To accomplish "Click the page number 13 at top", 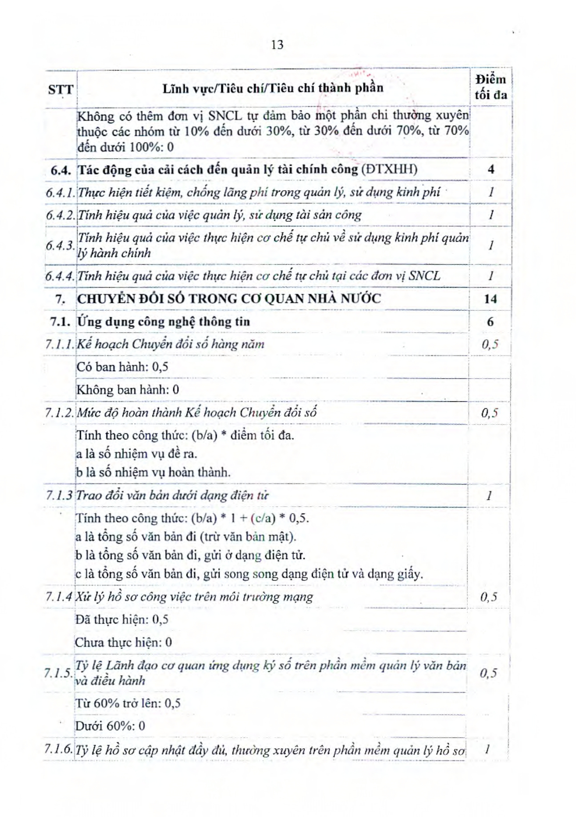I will (x=277, y=45).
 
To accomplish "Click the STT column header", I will (x=60, y=89).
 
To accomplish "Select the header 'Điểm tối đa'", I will (x=490, y=87).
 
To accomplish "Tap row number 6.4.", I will (x=61, y=170).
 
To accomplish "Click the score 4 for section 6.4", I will (x=491, y=169).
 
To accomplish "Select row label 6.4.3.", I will (x=60, y=245).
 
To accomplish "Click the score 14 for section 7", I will (x=490, y=299).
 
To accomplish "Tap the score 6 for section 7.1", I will (x=490, y=322).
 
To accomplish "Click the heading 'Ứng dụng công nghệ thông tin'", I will (x=163, y=322).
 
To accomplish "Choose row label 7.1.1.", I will (x=60, y=344).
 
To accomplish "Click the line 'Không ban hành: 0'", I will (x=128, y=390).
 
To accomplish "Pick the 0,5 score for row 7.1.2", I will (x=490, y=413).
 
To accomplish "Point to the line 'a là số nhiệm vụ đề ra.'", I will (x=136, y=454).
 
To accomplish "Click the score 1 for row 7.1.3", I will (x=489, y=495).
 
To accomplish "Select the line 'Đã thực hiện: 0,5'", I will (x=122, y=620).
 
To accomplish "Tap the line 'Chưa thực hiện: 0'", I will (x=123, y=643).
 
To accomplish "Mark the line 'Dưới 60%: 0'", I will (x=110, y=726).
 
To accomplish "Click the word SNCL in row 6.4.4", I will (x=425, y=276).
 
